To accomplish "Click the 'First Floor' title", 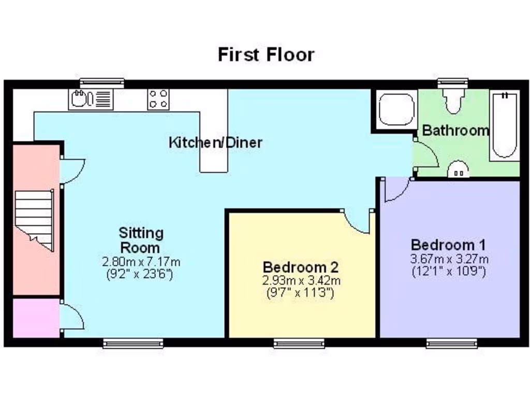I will pos(266,54).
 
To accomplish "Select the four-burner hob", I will pos(158,99).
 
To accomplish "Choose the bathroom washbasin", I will pos(458,169).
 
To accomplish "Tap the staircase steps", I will pos(34,218).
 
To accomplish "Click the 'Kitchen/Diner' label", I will pos(215,142).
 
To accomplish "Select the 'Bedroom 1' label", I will pos(448,245).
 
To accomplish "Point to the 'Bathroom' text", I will pos(455,131).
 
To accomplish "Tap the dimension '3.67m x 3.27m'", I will pos(449,259).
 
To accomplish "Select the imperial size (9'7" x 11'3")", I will pos(300,293).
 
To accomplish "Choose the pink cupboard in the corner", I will pos(35,317).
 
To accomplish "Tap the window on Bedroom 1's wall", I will pos(451,343).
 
